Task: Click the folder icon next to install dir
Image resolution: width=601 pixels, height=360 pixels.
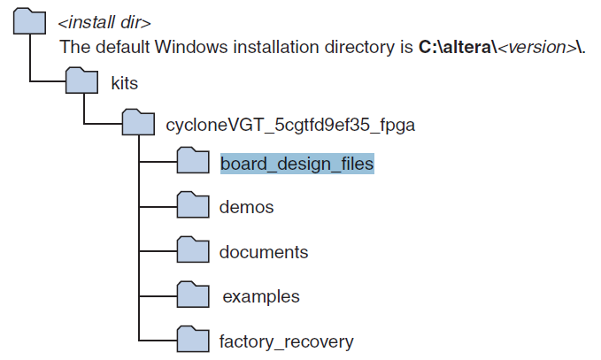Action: (29, 20)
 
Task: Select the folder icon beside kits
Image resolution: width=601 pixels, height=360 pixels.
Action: (82, 82)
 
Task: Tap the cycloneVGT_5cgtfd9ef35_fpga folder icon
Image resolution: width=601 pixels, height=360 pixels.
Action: (137, 124)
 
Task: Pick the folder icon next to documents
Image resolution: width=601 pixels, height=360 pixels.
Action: (192, 251)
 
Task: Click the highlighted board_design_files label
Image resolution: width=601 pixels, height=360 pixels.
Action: (297, 164)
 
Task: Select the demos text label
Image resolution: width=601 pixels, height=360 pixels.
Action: (246, 208)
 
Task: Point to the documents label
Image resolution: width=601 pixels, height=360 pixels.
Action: (264, 252)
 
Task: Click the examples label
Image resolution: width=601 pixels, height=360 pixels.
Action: (260, 297)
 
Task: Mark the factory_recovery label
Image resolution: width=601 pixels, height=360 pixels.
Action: (286, 341)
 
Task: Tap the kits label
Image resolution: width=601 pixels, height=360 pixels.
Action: (124, 83)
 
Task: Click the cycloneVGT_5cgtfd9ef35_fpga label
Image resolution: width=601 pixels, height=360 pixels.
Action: (290, 125)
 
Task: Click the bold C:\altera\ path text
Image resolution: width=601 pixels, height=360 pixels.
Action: (458, 47)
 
